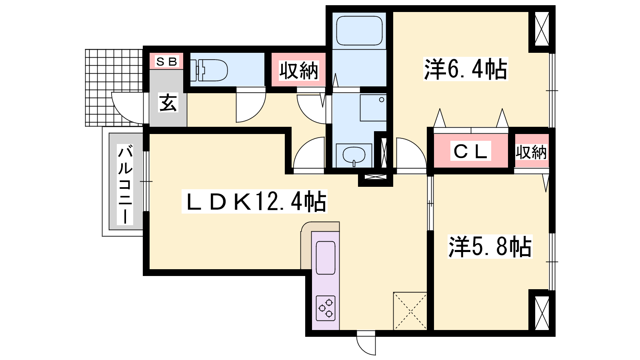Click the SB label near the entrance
(x=167, y=62)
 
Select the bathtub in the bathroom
(x=359, y=30)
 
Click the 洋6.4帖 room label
(x=466, y=69)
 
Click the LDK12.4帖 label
(x=254, y=202)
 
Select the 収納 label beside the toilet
(x=298, y=70)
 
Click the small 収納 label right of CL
(x=531, y=152)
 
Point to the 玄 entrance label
(x=168, y=102)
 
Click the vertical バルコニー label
(x=125, y=184)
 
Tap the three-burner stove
(x=326, y=308)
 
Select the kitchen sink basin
(x=326, y=258)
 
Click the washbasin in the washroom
(x=354, y=156)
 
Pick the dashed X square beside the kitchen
(x=410, y=311)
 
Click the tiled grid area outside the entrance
(x=114, y=88)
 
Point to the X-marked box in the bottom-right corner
(x=542, y=313)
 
